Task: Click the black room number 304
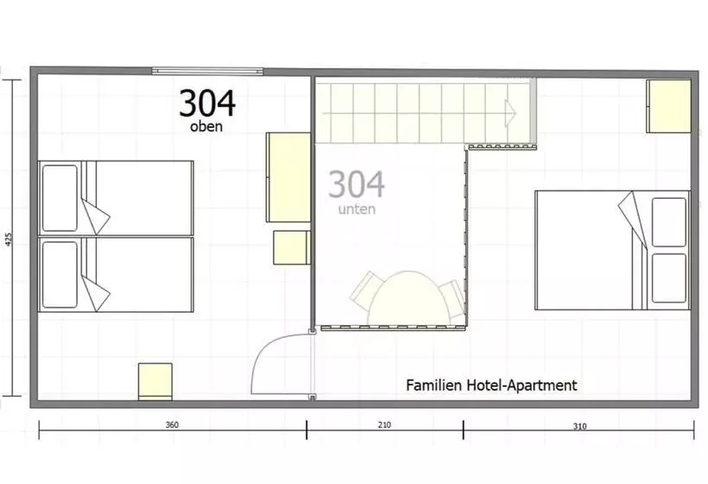(207, 103)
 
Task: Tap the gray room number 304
(357, 184)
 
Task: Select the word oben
(206, 126)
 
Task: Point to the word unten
(357, 209)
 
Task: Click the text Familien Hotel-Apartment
(491, 385)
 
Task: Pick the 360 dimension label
(172, 425)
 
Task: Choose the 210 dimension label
(384, 425)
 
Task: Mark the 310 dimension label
(579, 426)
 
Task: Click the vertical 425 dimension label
(9, 239)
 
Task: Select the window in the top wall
(207, 71)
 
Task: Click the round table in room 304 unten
(408, 298)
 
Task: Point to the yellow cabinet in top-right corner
(669, 106)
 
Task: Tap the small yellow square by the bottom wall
(155, 381)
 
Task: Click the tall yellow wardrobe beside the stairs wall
(288, 177)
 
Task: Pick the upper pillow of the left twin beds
(60, 198)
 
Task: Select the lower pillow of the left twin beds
(60, 275)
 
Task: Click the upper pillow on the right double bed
(669, 222)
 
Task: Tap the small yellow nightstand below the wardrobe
(292, 248)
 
